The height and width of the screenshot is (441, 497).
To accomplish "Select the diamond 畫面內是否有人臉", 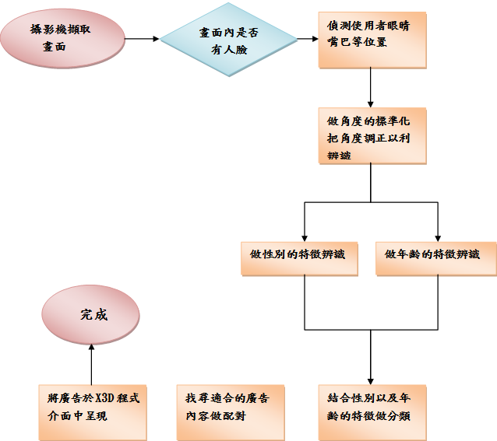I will (x=230, y=40).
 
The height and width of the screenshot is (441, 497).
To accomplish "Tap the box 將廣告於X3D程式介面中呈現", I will (x=93, y=411).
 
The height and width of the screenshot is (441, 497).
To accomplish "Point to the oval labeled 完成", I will (x=91, y=314).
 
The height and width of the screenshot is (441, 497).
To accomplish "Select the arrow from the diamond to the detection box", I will (x=308, y=39).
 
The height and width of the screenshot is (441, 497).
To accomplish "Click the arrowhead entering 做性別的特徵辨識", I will (x=304, y=236).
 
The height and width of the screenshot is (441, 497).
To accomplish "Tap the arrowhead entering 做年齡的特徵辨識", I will (x=438, y=236).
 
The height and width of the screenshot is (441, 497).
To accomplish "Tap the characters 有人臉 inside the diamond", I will (x=227, y=48).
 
